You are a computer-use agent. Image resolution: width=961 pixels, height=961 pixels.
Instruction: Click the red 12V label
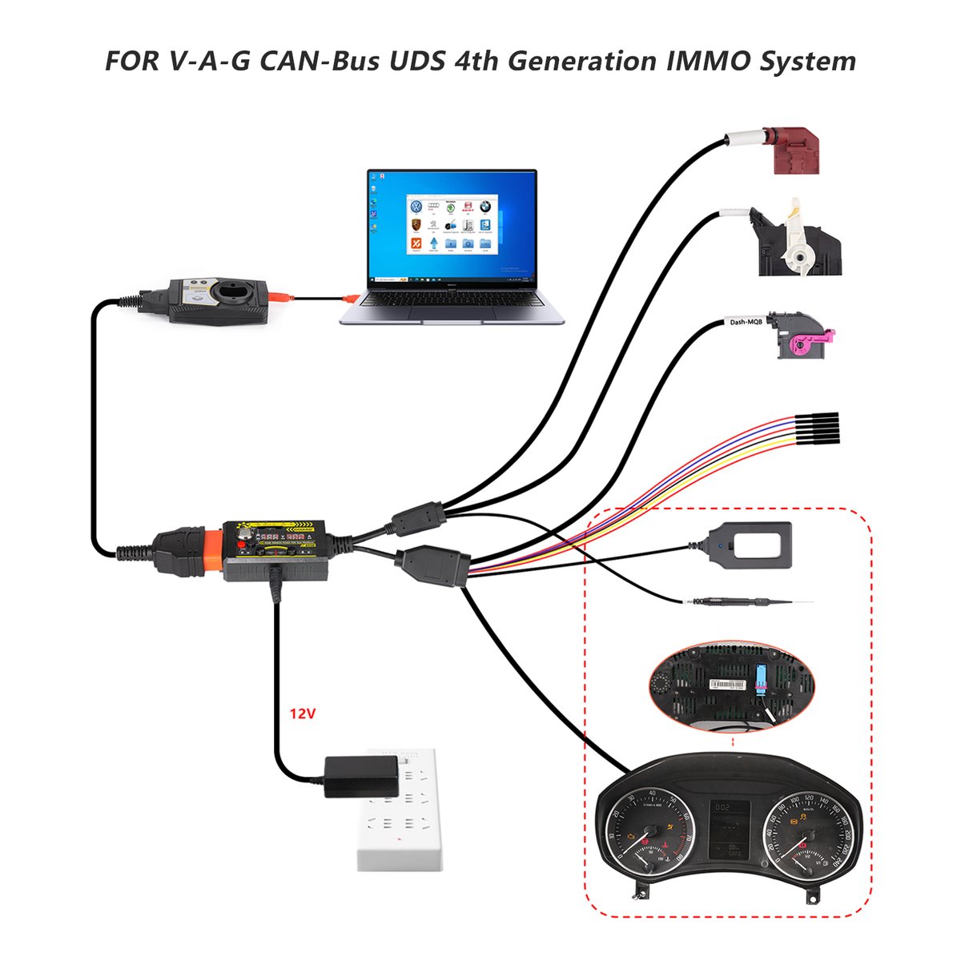click(303, 712)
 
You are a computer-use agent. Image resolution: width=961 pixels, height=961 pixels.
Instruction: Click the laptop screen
click(452, 227)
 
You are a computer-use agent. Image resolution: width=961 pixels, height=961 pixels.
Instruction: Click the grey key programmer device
click(219, 300)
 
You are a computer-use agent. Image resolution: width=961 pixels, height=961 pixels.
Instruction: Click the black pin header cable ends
click(817, 429)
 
